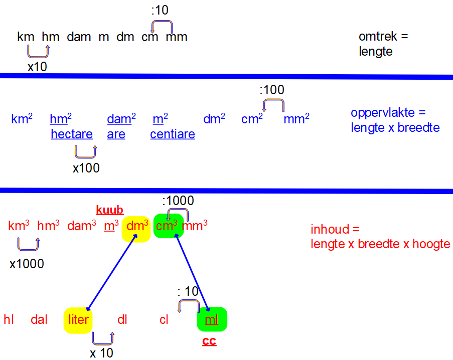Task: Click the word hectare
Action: coord(72,134)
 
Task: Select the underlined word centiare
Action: coord(173,134)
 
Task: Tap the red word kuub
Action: coord(110,210)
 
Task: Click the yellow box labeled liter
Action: coord(78,320)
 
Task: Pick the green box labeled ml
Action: coord(212,319)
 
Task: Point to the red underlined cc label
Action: coord(209,342)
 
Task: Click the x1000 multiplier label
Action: coord(27,264)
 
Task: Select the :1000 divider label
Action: coord(178,201)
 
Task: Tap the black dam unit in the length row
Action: coord(79,37)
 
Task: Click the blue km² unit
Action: coord(22,119)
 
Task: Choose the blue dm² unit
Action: coord(214,119)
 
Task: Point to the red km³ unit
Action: coord(19,226)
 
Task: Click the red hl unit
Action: coord(9,320)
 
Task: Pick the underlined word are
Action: coord(116,134)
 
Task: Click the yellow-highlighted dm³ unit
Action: coord(137,226)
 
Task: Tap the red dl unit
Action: coord(122,320)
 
